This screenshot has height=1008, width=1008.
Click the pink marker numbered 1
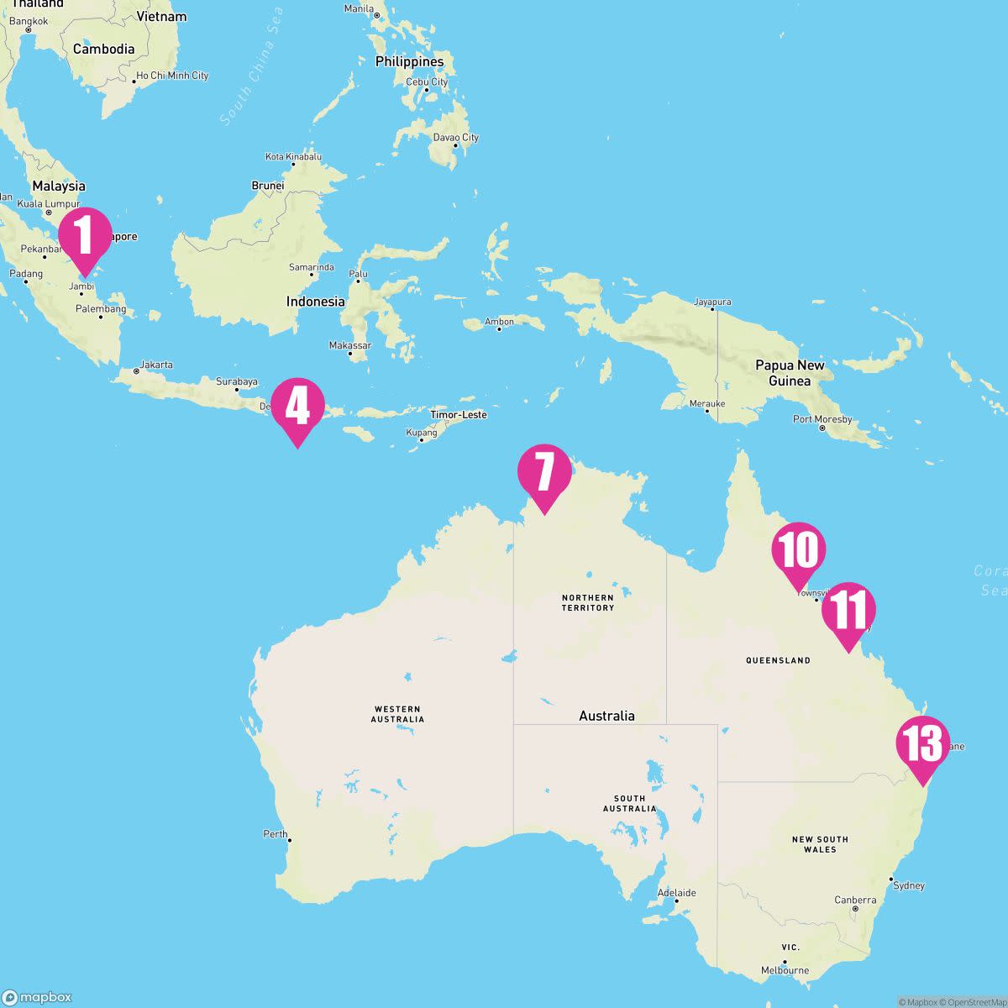pyautogui.click(x=85, y=235)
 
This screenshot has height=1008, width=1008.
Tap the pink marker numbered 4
pyautogui.click(x=297, y=407)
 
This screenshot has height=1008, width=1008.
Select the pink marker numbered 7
pyautogui.click(x=544, y=473)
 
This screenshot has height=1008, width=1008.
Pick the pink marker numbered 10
pyautogui.click(x=799, y=551)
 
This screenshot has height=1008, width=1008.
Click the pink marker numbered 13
pyautogui.click(x=922, y=745)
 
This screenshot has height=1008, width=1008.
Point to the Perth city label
pyautogui.click(x=276, y=834)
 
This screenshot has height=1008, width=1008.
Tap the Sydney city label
pyautogui.click(x=908, y=885)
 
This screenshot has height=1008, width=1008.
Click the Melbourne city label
pyautogui.click(x=785, y=970)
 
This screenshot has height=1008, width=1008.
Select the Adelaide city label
pyautogui.click(x=677, y=893)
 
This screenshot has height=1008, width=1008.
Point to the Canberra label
pyautogui.click(x=855, y=900)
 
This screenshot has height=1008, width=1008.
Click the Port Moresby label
pyautogui.click(x=822, y=419)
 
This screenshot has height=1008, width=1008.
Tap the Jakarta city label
pyautogui.click(x=156, y=365)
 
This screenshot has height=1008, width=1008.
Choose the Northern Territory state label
pyautogui.click(x=588, y=602)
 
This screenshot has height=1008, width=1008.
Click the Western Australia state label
pyautogui.click(x=397, y=714)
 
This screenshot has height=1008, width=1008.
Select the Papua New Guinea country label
pyautogui.click(x=790, y=373)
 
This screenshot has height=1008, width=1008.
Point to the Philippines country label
pyautogui.click(x=409, y=61)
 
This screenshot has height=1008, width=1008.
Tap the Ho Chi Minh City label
pyautogui.click(x=172, y=76)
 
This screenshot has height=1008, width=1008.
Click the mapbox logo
pyautogui.click(x=38, y=997)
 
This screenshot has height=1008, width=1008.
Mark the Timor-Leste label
pyautogui.click(x=458, y=415)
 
